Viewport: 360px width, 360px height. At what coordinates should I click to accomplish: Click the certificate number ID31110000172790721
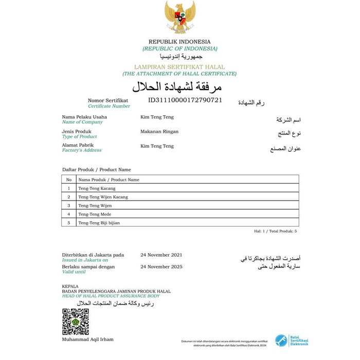pos(185,100)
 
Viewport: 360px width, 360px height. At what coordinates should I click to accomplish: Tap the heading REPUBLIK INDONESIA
pos(180,42)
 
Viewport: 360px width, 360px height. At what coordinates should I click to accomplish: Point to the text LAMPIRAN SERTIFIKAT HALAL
pos(179,67)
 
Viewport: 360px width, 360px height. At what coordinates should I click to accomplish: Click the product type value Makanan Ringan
pos(159,132)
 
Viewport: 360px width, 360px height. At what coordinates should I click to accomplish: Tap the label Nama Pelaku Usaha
pos(84,117)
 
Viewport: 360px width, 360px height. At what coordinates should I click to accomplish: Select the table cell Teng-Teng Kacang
pos(97,189)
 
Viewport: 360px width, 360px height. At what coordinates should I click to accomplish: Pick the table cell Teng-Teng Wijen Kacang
pos(103,197)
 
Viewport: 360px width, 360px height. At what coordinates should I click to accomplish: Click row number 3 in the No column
pos(68,206)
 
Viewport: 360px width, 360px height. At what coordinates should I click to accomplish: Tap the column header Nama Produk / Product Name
pos(109,180)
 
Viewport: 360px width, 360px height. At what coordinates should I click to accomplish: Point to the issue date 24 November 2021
pos(161,255)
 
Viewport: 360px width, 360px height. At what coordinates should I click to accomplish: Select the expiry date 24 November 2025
pos(161,267)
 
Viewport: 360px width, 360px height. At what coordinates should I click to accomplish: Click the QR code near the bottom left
pos(76,322)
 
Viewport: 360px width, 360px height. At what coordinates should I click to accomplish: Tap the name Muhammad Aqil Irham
pos(87,339)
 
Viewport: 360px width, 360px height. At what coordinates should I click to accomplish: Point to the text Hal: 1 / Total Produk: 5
pos(275,231)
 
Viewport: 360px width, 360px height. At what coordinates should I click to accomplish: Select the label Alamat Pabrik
pos(78,145)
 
